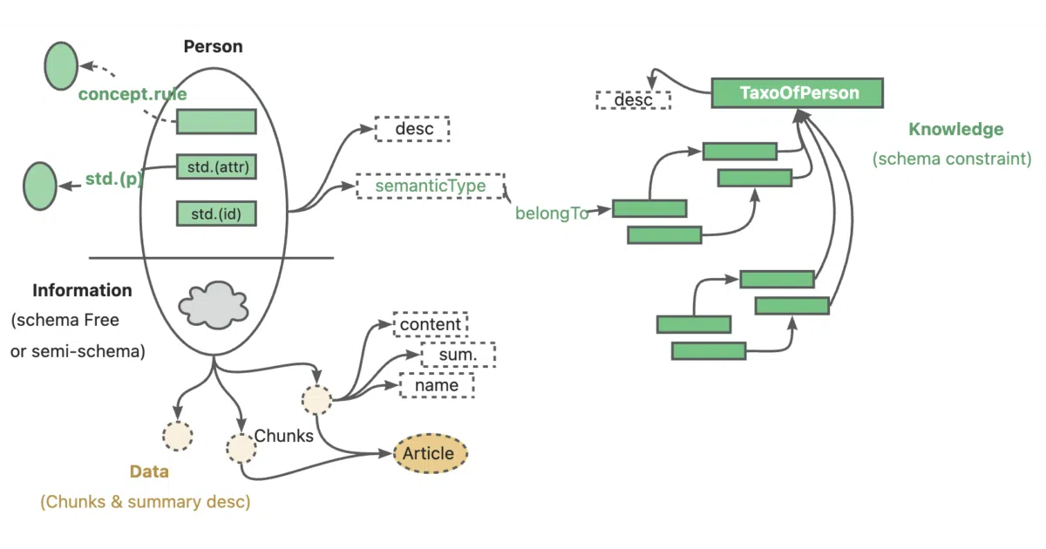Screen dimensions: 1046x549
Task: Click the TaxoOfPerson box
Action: coord(797,93)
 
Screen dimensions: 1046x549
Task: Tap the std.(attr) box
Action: coord(216,166)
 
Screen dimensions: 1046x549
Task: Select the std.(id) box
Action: coord(216,213)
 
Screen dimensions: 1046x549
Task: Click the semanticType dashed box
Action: coord(431,186)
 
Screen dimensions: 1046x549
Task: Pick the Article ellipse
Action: coord(430,453)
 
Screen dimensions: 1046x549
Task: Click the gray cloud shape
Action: coord(214,305)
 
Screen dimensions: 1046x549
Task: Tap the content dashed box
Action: coord(430,324)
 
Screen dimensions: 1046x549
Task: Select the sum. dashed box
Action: coord(458,355)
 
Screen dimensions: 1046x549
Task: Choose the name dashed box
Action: coord(437,385)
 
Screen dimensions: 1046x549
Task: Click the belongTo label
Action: coord(552,213)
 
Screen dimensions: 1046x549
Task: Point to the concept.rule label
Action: coord(132,94)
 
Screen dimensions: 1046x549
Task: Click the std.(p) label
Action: coord(114,179)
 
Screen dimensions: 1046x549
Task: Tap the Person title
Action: coord(213,46)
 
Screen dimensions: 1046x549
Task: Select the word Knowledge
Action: coord(956,129)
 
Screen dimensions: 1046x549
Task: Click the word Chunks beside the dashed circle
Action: coord(283,436)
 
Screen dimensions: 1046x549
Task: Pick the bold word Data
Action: coord(149,471)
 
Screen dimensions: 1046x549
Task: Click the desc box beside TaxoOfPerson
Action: coord(633,100)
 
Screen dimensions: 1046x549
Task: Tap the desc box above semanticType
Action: coord(412,128)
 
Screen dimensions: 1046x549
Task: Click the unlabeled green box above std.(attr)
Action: coord(216,121)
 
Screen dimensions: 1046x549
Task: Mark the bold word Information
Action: coord(82,290)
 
